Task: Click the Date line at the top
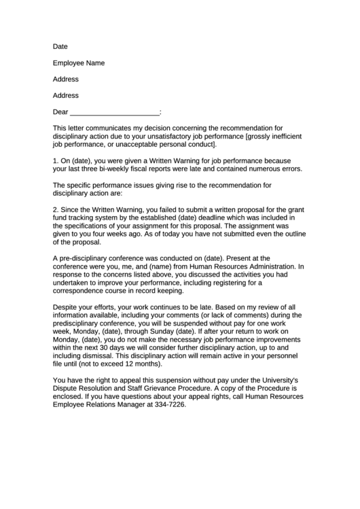point(60,47)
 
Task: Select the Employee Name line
point(79,63)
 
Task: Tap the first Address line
point(66,80)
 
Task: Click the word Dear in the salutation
point(60,112)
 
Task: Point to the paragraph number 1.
point(55,160)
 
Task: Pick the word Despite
point(66,307)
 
